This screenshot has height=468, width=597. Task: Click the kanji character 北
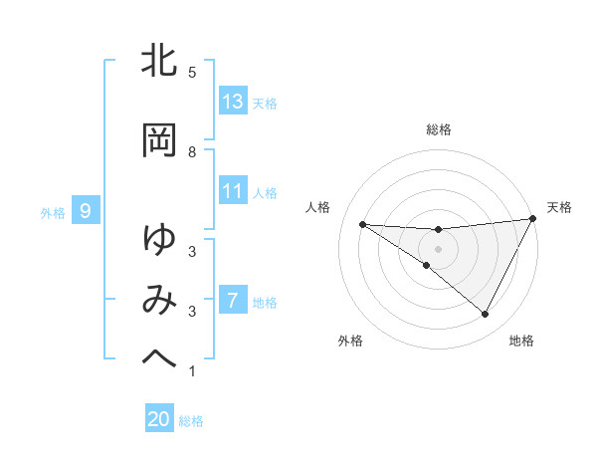click(x=159, y=61)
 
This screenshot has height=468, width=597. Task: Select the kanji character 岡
click(x=159, y=140)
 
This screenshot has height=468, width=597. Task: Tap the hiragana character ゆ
click(x=159, y=240)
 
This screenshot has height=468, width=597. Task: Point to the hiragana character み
click(x=159, y=300)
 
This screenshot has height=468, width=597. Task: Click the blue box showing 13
click(x=233, y=102)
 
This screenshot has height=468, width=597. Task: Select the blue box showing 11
click(x=233, y=191)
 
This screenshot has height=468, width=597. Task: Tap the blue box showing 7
click(x=233, y=301)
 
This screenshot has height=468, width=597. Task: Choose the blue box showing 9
click(x=86, y=211)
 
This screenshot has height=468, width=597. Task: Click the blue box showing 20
click(x=159, y=419)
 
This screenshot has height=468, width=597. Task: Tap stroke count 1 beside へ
click(x=192, y=371)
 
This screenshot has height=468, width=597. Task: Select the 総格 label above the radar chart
click(x=438, y=129)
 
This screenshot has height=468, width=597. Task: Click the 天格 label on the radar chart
click(x=559, y=207)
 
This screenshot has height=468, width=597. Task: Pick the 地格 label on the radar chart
click(x=521, y=341)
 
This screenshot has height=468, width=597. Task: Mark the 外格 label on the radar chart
click(x=350, y=341)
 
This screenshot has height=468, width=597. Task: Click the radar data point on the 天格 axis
click(x=533, y=218)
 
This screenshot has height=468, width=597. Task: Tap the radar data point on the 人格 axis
click(x=362, y=224)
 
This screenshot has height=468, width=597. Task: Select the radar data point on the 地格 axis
click(x=486, y=315)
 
